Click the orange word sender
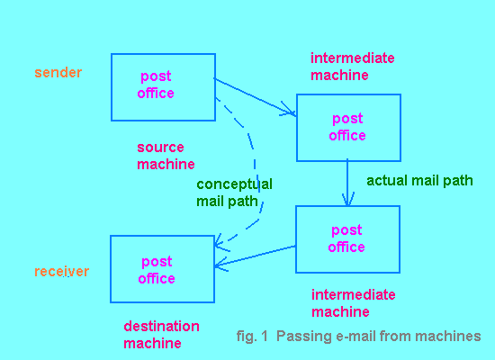(x=58, y=73)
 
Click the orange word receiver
(x=62, y=272)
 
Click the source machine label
(x=166, y=156)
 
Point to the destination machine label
(x=161, y=335)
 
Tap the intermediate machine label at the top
(x=352, y=67)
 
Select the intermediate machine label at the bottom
(x=354, y=303)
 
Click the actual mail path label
(x=419, y=181)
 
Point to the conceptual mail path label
(x=234, y=193)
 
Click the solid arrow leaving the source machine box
(x=255, y=97)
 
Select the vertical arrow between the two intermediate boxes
(x=347, y=183)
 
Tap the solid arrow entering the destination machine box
(x=255, y=256)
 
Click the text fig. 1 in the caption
(x=252, y=337)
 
